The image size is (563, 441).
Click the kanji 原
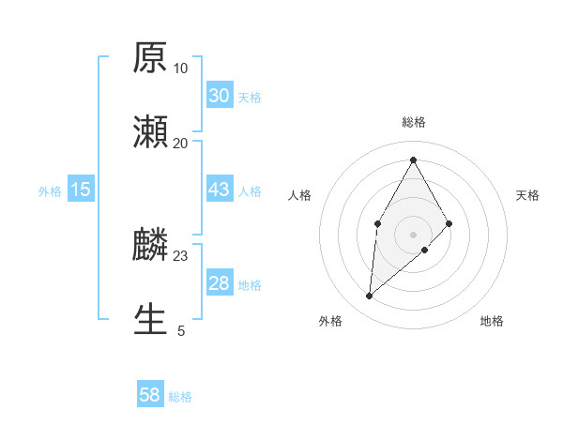coord(150,58)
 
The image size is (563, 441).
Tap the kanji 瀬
coord(150,132)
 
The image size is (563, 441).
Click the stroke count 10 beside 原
coord(180,68)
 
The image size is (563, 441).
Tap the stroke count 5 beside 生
coord(181,330)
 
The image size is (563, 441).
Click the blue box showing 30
coord(219,95)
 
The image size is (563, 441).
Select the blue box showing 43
coord(219,190)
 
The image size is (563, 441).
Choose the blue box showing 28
coord(219,283)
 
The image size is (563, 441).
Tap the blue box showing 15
coord(81,190)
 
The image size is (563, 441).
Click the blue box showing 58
coord(150,395)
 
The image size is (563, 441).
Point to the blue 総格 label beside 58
coord(180,397)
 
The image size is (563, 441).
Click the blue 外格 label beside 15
coord(50,191)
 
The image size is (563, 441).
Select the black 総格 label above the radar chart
coord(414,122)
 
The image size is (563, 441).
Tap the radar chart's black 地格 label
coord(492,321)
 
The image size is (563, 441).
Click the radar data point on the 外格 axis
coord(370,297)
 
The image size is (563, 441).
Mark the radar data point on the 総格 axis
coord(413,159)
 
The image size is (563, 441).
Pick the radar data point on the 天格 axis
coord(449,223)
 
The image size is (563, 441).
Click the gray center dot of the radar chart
coord(413,234)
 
